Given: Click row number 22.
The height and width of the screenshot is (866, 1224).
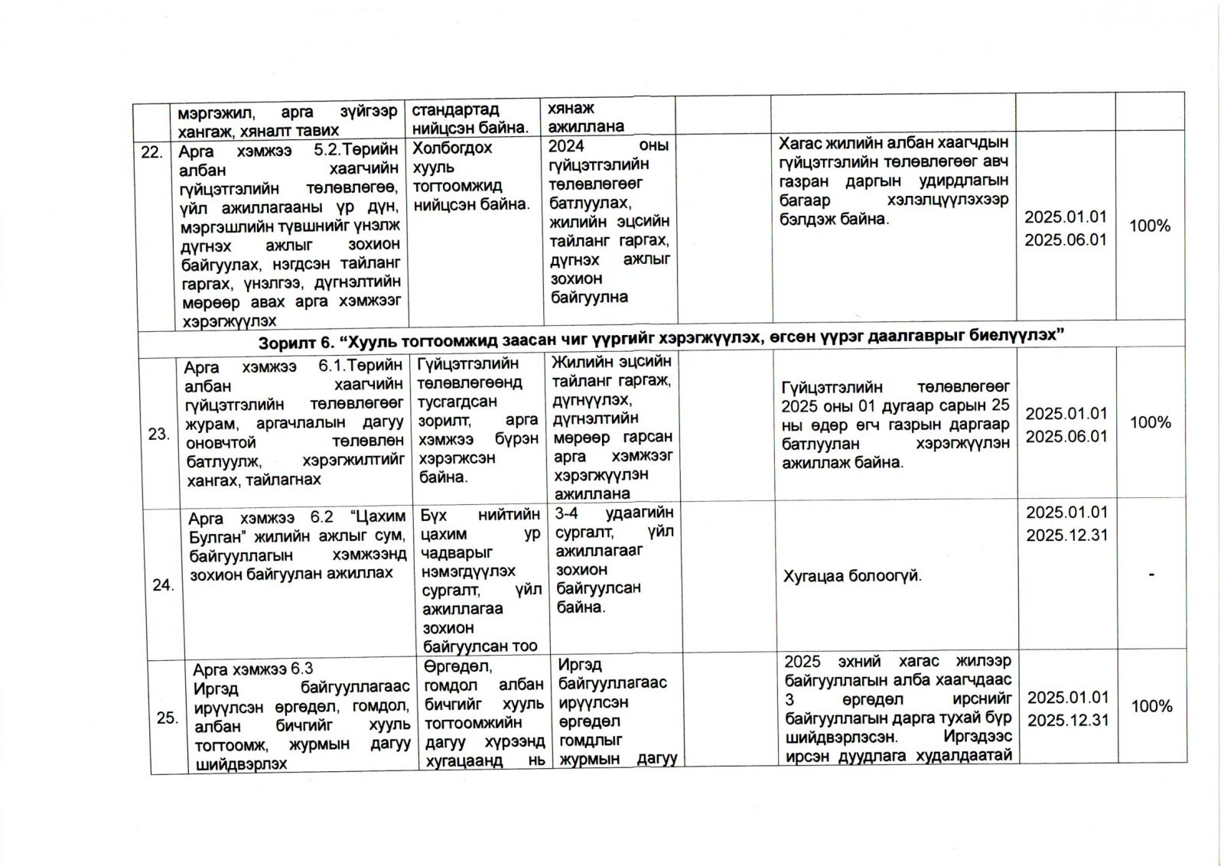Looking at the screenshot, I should (151, 152).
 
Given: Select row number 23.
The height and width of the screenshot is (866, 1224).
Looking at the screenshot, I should (158, 435).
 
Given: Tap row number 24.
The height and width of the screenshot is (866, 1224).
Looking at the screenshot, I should (163, 585).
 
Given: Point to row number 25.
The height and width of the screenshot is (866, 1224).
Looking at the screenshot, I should (167, 718).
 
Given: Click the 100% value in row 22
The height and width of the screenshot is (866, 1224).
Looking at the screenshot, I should (1150, 226).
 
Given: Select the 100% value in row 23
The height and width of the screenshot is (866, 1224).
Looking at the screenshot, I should (1151, 422).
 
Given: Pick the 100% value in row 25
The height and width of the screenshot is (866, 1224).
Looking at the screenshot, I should (1151, 706).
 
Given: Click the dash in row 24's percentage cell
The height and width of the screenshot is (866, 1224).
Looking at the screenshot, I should (1151, 575).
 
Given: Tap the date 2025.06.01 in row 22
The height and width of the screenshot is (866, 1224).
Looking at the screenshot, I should (1066, 240).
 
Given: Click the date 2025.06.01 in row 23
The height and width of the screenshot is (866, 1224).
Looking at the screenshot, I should (1066, 437).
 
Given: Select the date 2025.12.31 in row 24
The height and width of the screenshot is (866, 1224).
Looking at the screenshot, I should (1067, 536).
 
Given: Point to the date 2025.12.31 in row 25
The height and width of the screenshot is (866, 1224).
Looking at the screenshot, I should (1068, 721).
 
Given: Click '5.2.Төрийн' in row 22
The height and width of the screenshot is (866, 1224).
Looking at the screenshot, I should (356, 150).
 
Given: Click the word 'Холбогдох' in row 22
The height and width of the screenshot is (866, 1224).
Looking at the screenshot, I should (452, 148).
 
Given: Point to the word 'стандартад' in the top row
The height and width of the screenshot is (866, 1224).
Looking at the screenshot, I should (455, 109).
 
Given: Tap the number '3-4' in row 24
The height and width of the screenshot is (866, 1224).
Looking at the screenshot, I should (567, 513).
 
